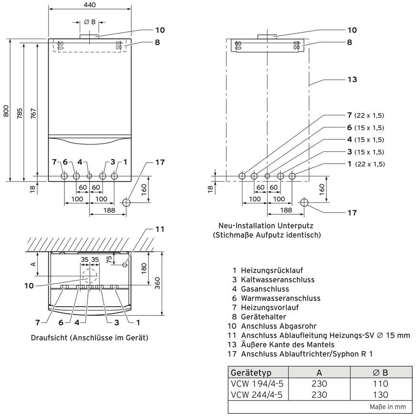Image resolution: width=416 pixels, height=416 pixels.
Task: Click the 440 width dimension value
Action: click(90, 5)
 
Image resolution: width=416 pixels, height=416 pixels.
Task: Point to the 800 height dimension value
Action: click(6, 111)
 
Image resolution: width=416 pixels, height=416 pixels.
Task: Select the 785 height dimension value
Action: click(20, 113)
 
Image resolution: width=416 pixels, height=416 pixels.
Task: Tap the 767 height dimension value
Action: click(33, 113)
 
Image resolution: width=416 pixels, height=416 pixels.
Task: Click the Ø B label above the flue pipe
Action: click(90, 22)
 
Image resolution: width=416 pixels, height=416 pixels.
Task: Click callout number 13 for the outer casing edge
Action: click(352, 79)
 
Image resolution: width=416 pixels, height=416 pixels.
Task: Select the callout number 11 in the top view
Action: click(160, 229)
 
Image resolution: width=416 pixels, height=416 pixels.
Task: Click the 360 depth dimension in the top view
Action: click(157, 283)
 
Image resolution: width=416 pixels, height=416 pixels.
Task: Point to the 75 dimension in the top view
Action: click(109, 259)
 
